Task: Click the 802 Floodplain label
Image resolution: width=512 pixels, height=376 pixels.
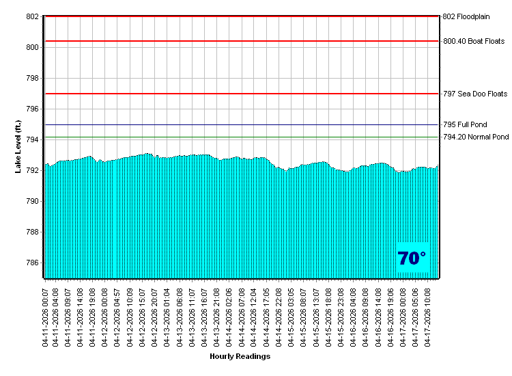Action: [x=466, y=16]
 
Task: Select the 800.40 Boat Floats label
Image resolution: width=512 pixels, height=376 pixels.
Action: [x=474, y=41]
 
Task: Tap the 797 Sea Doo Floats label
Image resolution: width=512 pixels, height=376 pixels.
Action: [x=475, y=94]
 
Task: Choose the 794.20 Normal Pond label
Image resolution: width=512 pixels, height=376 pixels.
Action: [x=476, y=137]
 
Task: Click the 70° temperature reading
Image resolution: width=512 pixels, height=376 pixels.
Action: [x=412, y=258]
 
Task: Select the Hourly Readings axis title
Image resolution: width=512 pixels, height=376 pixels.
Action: [x=240, y=356]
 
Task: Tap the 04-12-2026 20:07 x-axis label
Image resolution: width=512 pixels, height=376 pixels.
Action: [x=155, y=317]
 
